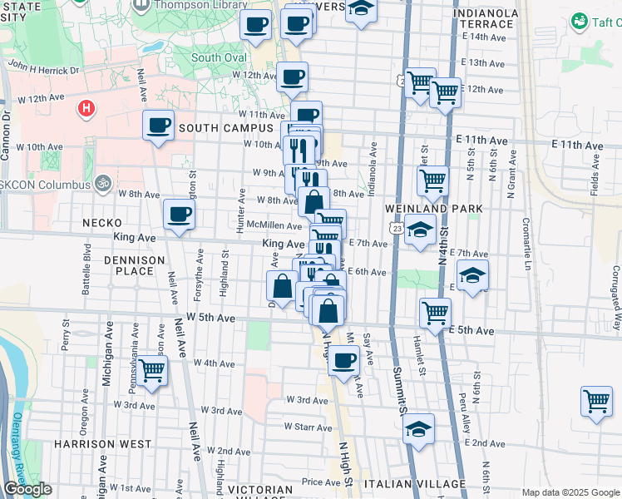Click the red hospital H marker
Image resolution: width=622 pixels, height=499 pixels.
pos(85,109)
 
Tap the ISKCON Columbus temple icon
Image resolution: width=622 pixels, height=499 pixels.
pos(102,183)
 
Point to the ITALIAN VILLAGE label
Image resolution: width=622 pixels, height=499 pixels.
pos(419,484)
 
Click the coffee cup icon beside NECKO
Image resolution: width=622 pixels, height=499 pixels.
pos(179,215)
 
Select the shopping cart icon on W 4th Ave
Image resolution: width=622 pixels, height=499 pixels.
pos(151,370)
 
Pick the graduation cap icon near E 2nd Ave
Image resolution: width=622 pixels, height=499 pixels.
pos(418,429)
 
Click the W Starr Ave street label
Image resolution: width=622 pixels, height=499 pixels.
pos(308,427)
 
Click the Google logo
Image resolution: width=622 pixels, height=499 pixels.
pos(27,489)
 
